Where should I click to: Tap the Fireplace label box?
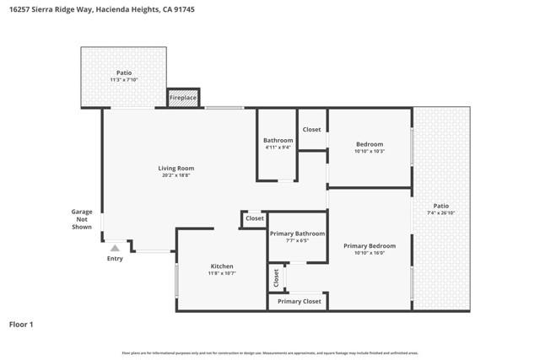[183, 98]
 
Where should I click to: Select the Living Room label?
[176, 168]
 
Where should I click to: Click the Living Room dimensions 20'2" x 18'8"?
[176, 175]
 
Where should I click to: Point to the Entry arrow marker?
[115, 248]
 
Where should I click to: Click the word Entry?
[115, 259]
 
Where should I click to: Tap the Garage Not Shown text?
[82, 219]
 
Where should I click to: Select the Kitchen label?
[221, 266]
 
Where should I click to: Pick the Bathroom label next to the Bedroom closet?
[278, 140]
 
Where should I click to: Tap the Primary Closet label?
[299, 301]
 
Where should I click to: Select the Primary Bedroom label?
[370, 245]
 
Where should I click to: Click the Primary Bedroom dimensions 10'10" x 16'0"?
[370, 253]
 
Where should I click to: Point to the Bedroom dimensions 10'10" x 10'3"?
[370, 152]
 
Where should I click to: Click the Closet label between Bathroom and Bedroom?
[312, 129]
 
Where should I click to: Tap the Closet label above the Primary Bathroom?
[254, 218]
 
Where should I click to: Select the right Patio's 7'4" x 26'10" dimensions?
[441, 212]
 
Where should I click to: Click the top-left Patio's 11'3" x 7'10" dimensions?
[124, 80]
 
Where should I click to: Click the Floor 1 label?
[21, 324]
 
